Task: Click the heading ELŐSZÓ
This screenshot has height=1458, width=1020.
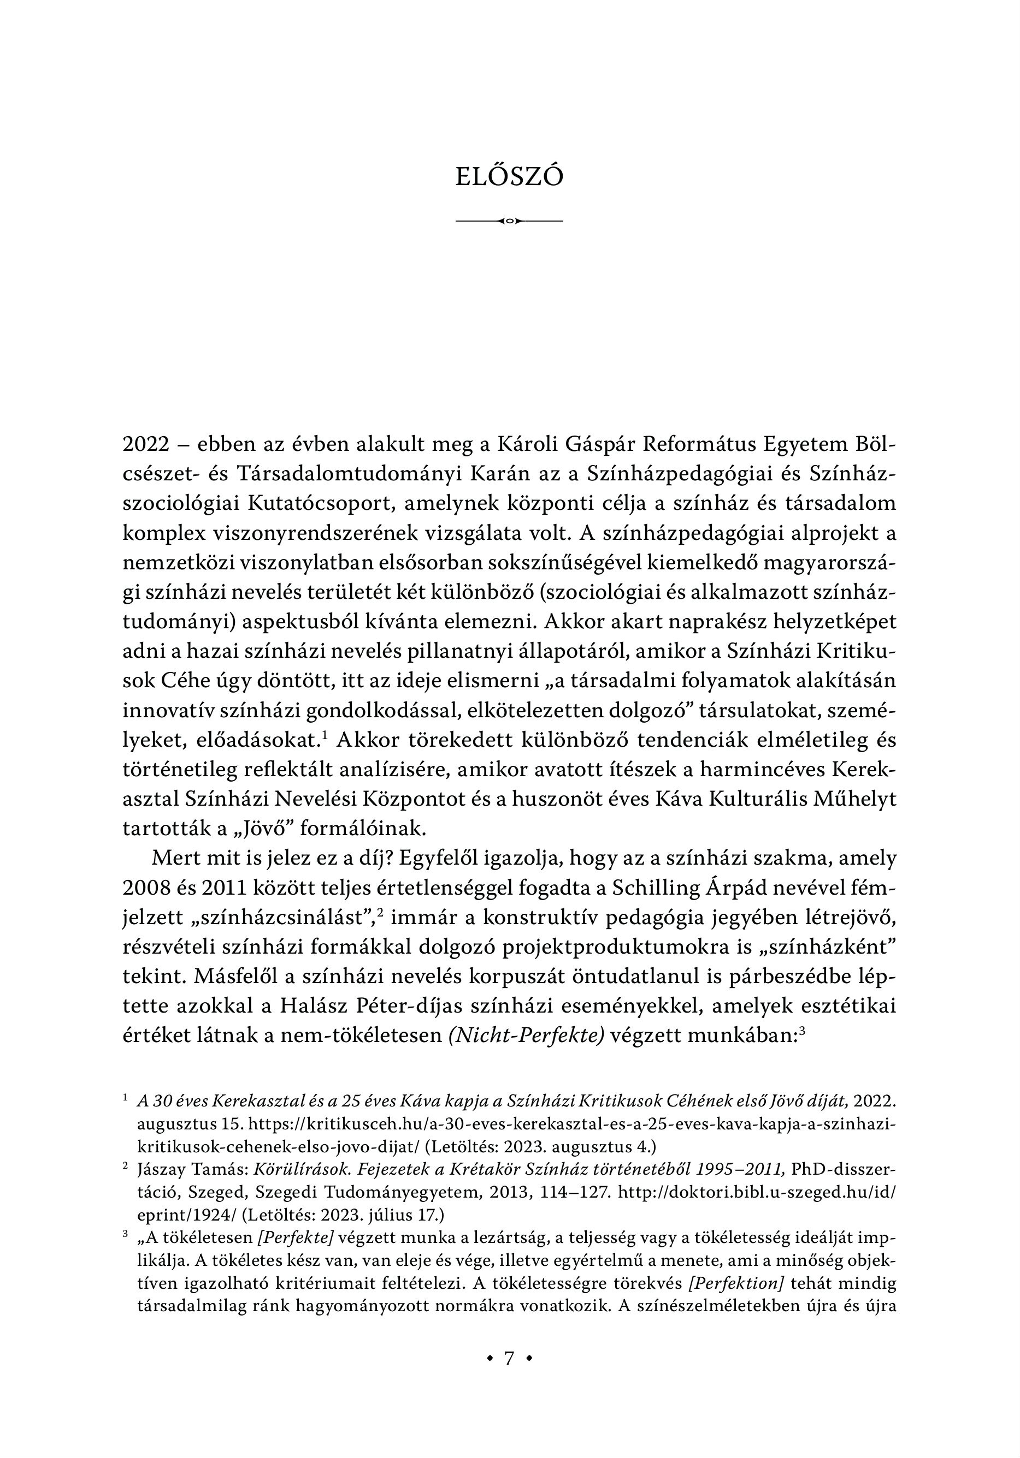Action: (509, 178)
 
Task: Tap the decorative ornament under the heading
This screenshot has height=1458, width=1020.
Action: (509, 221)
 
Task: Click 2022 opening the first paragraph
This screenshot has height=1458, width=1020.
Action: (145, 444)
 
